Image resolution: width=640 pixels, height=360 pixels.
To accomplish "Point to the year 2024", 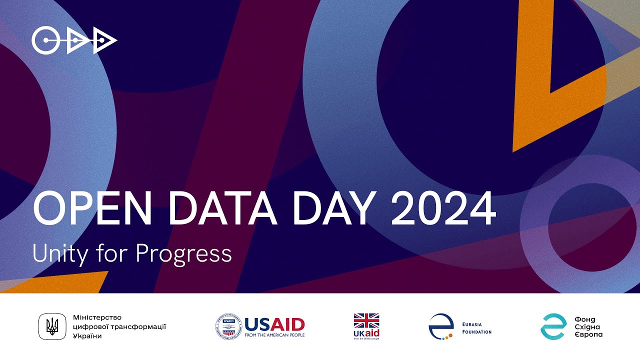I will [x=443, y=208].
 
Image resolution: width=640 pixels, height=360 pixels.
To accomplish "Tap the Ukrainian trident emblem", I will [x=52, y=327].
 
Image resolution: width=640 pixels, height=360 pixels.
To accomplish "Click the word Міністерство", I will [x=97, y=317].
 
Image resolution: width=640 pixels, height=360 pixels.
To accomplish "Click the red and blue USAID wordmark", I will [x=274, y=324].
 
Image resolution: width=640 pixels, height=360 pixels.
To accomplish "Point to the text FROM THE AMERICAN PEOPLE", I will [x=274, y=335].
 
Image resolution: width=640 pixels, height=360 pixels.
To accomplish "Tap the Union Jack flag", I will [x=366, y=320].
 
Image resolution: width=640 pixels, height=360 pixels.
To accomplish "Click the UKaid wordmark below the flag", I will [x=366, y=333].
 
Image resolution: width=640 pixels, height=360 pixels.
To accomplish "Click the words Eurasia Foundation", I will [x=477, y=327].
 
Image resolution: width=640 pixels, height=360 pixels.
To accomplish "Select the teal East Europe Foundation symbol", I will [x=553, y=327].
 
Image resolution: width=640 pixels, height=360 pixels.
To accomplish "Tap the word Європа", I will [x=589, y=334].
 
